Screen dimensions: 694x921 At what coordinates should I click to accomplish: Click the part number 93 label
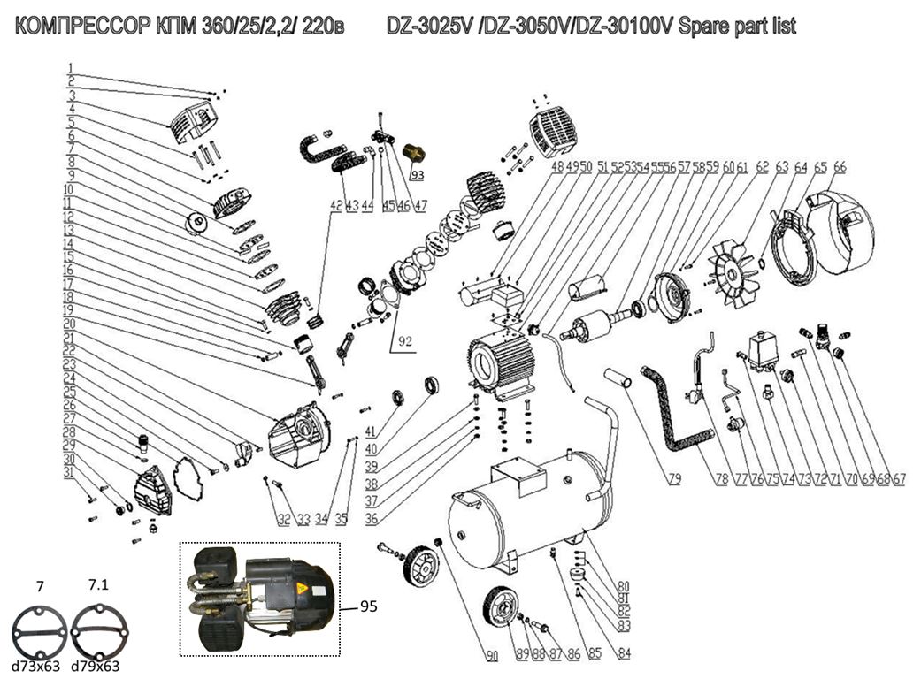coord(418,174)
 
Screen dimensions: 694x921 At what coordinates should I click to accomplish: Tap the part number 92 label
coord(405,339)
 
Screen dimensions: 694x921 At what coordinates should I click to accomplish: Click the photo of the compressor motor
coord(260,598)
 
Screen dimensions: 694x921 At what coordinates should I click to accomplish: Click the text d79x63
coord(96,667)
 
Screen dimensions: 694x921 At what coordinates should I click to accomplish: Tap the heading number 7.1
coord(101,585)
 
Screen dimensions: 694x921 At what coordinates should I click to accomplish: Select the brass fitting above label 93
coord(413,152)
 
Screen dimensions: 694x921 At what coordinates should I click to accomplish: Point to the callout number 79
coord(674,479)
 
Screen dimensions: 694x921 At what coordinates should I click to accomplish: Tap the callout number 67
coord(899,479)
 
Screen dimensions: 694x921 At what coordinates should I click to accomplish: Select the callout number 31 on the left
coord(69,473)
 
